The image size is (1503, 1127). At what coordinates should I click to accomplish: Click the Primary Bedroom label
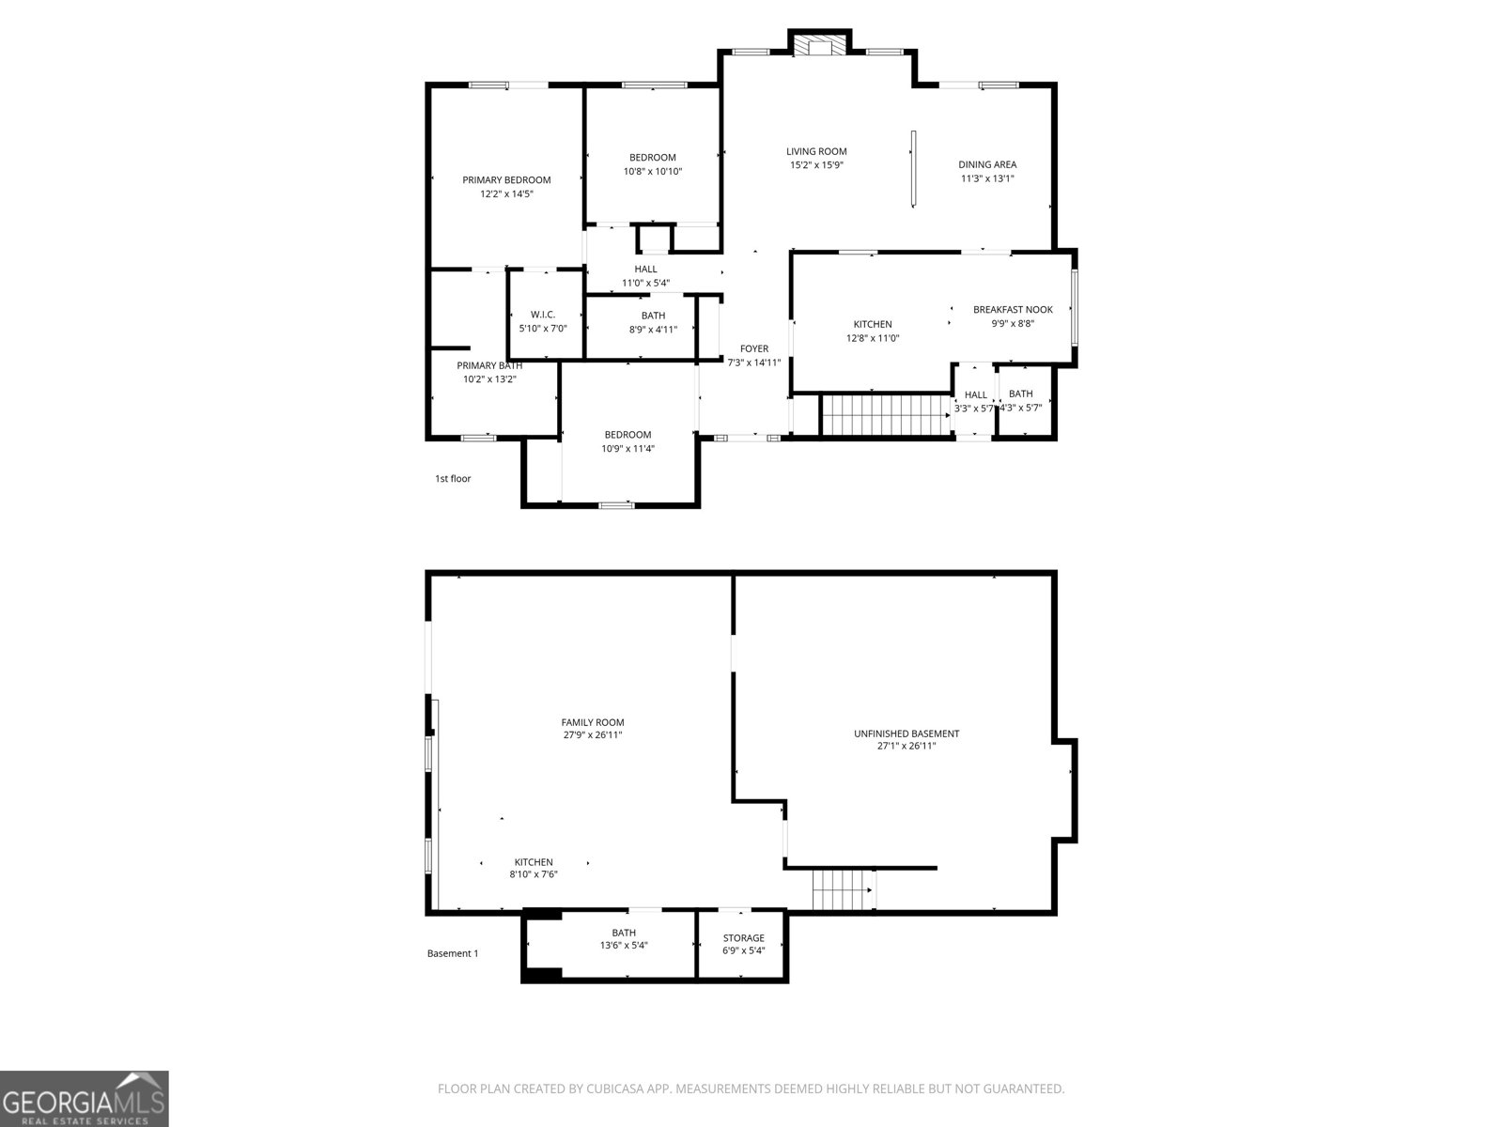point(506,180)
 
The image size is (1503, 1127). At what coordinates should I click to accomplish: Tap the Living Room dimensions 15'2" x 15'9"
point(816,165)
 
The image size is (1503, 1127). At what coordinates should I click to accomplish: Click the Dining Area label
point(987,164)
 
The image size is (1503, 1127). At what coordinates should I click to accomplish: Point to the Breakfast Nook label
point(1013,309)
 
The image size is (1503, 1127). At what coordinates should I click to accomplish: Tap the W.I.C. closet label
point(543,315)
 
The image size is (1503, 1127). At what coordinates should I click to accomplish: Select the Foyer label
point(753,348)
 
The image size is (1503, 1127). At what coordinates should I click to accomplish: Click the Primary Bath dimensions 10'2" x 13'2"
point(489,379)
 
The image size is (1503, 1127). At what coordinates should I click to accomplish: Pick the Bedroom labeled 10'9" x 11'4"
point(628,435)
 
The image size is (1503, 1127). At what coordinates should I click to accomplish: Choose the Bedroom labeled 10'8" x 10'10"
point(652,158)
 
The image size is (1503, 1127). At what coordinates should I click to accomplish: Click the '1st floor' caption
point(453,479)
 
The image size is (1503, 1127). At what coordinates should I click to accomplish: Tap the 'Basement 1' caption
point(453,953)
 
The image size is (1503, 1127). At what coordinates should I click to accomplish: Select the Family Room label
point(593,722)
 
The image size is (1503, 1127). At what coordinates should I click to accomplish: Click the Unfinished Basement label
point(906,733)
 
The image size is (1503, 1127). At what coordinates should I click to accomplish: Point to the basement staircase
point(843,889)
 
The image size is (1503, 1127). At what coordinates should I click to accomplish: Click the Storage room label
point(743,938)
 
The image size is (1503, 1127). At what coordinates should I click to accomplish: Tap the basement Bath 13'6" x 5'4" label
point(624,933)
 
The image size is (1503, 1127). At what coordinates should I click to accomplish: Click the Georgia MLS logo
point(84,1098)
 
